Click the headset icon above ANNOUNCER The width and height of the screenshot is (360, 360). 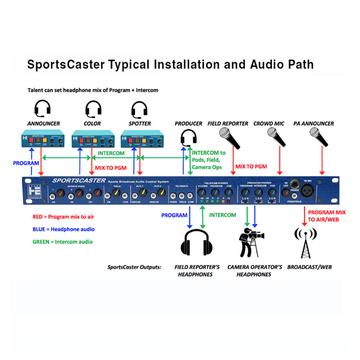pyautogui.click(x=42, y=108)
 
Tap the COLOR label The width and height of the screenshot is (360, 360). pyautogui.click(x=93, y=123)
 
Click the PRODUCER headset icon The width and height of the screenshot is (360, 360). pyautogui.click(x=188, y=139)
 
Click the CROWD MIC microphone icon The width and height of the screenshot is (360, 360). pyautogui.click(x=276, y=137)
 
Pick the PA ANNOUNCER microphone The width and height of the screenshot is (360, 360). pyautogui.click(x=319, y=137)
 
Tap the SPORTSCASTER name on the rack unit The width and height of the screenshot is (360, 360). pyautogui.click(x=78, y=180)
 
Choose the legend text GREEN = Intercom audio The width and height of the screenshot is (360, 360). pyautogui.click(x=62, y=242)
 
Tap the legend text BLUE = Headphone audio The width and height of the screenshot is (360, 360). pyautogui.click(x=63, y=229)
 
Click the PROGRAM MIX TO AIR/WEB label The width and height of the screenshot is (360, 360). pyautogui.click(x=327, y=216)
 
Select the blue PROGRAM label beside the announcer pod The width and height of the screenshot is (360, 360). pyautogui.click(x=26, y=163)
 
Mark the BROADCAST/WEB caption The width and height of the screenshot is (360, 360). pyautogui.click(x=309, y=267)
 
